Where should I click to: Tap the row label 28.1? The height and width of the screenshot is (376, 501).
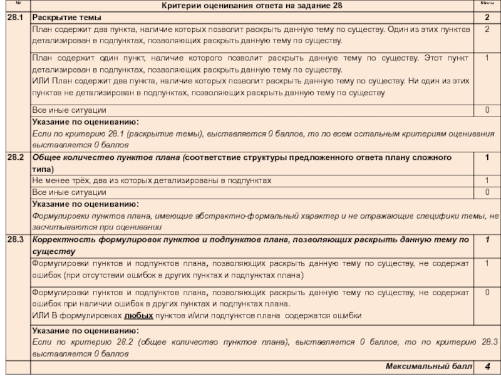pos(14,17)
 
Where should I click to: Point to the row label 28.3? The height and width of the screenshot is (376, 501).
pos(14,239)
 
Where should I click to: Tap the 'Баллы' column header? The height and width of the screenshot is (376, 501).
pos(486,6)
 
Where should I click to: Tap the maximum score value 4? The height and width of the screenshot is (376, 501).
pos(487,365)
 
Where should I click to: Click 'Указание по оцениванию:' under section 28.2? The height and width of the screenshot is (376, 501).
pos(85,204)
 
